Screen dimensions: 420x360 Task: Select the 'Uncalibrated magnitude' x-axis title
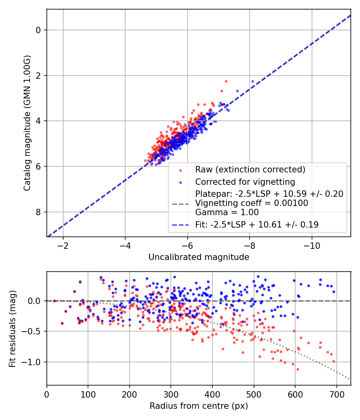coord(199,257)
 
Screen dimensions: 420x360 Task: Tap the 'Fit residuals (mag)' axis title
coord(12,328)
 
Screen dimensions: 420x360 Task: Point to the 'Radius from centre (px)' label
coord(199,406)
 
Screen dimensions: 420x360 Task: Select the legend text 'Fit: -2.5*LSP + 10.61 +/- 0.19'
coord(257,225)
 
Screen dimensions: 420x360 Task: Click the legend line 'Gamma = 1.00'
coord(227,212)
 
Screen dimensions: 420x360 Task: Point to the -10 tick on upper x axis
coord(312,246)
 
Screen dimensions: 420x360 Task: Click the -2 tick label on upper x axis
coord(63,246)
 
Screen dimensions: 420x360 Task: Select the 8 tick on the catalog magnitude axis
coord(38,212)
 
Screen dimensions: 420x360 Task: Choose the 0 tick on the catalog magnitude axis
coord(38,30)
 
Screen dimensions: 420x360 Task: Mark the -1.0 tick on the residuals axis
coord(34,362)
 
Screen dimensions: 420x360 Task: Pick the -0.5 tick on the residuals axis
coord(34,331)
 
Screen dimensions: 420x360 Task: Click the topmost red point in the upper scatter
coord(226,81)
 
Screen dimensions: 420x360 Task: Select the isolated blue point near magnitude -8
coord(252,81)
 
